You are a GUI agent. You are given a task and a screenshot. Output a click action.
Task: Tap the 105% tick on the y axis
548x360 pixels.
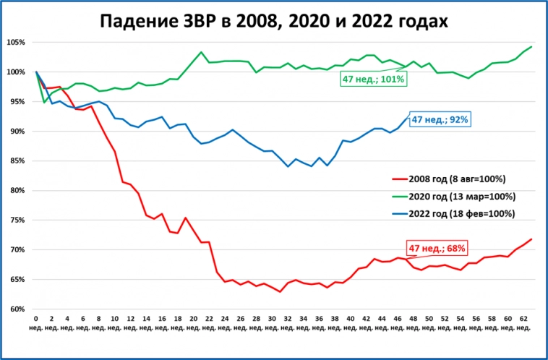coord(16,42)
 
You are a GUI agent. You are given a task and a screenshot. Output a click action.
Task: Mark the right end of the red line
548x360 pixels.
coord(531,239)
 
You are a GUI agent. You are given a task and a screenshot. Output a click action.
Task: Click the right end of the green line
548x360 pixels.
coord(531,47)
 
